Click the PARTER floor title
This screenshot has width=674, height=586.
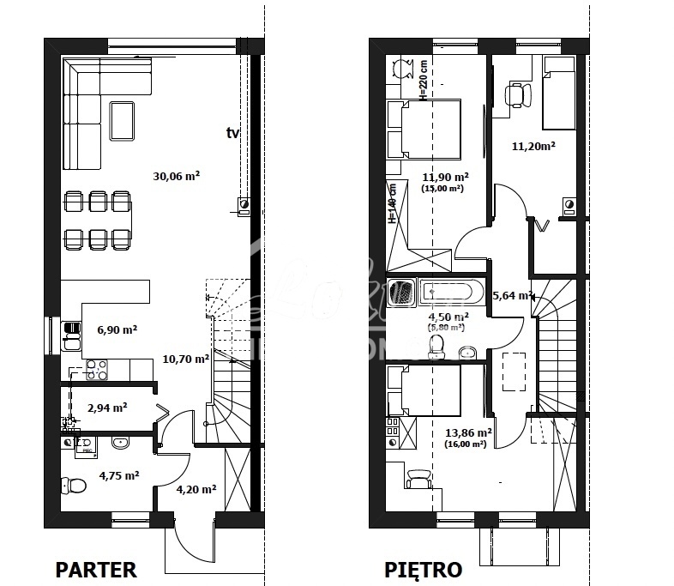point(96,569)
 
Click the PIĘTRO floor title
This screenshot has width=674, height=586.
point(423,569)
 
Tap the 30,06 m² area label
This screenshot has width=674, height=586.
point(177,176)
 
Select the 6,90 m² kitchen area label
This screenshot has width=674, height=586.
point(117,329)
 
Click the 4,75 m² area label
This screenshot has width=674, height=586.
point(118,474)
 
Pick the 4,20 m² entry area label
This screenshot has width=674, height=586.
point(196,489)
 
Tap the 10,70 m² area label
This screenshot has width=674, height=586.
point(185,359)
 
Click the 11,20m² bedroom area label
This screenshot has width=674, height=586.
point(533,146)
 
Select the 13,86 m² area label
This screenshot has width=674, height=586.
point(468,434)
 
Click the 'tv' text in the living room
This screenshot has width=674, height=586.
point(232,132)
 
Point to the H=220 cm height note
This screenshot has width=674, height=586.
point(422,79)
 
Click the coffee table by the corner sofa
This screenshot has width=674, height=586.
point(122,120)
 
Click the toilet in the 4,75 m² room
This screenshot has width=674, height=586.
point(75,486)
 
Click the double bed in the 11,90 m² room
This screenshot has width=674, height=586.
point(424,130)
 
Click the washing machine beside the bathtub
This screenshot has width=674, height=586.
point(400,293)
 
